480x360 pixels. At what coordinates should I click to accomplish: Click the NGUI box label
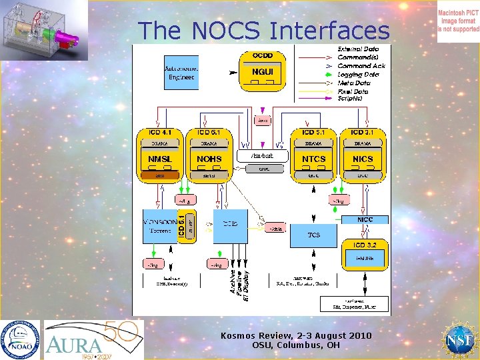click(x=256, y=71)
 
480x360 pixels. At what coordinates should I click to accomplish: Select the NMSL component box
click(x=159, y=159)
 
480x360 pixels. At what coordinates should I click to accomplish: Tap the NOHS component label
click(x=209, y=159)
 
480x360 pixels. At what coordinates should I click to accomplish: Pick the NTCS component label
click(x=313, y=159)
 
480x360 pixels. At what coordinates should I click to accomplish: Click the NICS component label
click(x=363, y=159)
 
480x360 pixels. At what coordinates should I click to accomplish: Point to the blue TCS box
click(x=313, y=235)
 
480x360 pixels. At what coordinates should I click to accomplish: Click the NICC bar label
click(x=365, y=219)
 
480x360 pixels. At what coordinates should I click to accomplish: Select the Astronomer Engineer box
click(x=181, y=73)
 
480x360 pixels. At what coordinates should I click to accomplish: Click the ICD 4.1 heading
click(x=159, y=133)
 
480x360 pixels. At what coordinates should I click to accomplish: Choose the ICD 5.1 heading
click(x=313, y=133)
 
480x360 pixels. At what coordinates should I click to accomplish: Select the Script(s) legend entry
click(x=350, y=99)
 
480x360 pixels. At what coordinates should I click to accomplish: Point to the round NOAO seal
click(x=20, y=339)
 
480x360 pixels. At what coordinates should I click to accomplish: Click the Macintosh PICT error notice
click(x=458, y=21)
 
